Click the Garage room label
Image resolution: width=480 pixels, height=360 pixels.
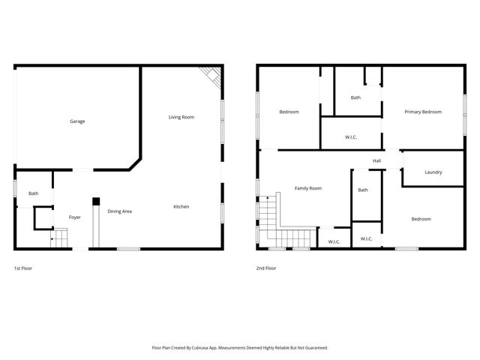[x=77, y=121]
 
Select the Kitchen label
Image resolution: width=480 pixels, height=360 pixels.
[x=181, y=206]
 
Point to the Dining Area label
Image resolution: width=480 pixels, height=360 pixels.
[x=119, y=211]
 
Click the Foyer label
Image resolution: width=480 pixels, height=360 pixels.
[x=75, y=217]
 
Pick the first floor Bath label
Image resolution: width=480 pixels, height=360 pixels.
[x=34, y=193]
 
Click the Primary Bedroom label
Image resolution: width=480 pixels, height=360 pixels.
[x=423, y=112]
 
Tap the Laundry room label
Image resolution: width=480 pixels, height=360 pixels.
[x=433, y=172]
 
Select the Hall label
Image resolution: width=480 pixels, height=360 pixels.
[x=377, y=160]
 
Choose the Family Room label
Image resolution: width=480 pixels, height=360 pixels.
[x=307, y=188]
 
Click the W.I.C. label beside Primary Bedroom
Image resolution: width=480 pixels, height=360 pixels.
[x=351, y=137]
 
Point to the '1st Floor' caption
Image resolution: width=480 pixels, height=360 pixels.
[x=23, y=268]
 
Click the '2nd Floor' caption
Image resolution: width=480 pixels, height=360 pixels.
[x=265, y=268]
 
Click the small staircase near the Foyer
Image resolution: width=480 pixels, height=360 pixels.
[x=58, y=238]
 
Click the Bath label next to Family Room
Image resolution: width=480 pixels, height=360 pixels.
[x=363, y=190]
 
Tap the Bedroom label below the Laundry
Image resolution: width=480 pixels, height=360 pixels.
[x=421, y=219]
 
